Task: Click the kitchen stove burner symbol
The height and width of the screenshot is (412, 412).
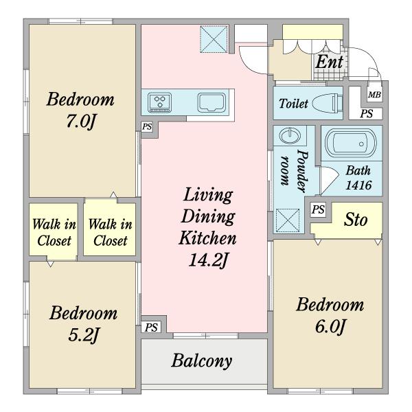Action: [x=159, y=102]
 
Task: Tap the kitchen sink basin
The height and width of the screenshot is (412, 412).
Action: [x=211, y=102]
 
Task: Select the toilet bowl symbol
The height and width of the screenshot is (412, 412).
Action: [x=328, y=102]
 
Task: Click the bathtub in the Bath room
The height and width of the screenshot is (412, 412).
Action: [x=351, y=144]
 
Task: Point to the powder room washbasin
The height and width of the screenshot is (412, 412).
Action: [x=290, y=136]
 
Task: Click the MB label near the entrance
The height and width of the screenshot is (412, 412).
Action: [x=374, y=94]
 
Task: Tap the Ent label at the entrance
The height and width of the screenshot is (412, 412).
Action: [x=329, y=62]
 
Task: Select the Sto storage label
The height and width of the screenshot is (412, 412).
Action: [x=356, y=220]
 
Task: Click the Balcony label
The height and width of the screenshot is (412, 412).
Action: [x=202, y=361]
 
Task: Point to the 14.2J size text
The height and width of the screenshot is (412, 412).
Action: [x=207, y=260]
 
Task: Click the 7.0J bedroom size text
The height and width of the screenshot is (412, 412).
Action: [x=80, y=122]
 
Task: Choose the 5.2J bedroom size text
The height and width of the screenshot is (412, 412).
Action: [x=83, y=335]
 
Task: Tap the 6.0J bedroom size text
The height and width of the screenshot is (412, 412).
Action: [x=330, y=327]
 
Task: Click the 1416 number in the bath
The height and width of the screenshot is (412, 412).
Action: [x=358, y=185]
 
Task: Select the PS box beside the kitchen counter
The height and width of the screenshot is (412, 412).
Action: [x=147, y=127]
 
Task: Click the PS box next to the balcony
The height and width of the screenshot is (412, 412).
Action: [x=151, y=328]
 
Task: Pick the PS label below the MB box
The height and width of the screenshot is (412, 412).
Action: [x=367, y=114]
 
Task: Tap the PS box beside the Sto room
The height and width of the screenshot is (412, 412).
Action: [x=318, y=209]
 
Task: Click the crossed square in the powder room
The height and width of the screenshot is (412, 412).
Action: [x=288, y=220]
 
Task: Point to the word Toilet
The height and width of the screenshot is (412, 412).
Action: [x=293, y=104]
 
